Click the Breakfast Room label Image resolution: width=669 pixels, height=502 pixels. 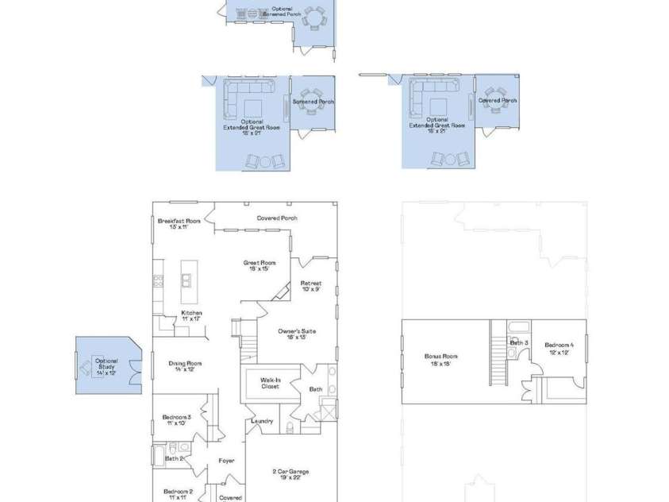179,223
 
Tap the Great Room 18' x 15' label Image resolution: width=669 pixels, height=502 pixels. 260,265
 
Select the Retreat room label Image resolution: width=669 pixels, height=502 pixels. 311,286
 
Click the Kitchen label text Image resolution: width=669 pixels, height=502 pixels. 191,315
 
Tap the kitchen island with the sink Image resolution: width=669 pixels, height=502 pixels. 189,280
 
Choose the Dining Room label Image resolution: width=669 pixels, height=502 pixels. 185,366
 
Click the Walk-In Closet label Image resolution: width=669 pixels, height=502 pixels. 271,384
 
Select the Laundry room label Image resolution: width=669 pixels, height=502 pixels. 262,421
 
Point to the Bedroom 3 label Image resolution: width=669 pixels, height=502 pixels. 176,419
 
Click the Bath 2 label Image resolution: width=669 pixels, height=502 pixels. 175,458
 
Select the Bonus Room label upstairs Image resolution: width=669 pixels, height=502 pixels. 440,359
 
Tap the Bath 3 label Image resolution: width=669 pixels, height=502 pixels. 519,342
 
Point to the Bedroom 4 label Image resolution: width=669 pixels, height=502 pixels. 559,348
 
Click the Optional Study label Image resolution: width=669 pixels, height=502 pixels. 106,364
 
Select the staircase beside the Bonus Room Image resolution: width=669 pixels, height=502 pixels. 498,357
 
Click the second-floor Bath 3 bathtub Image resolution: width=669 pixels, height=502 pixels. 518,327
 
